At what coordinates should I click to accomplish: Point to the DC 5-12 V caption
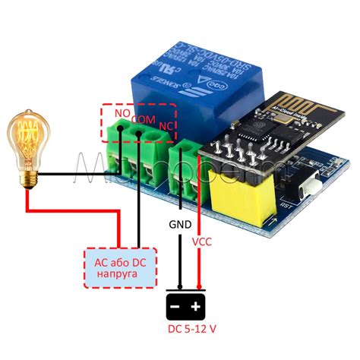pyautogui.click(x=187, y=333)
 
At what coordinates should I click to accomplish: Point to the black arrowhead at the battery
pyautogui.click(x=177, y=290)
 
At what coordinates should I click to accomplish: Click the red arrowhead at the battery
pyautogui.click(x=198, y=290)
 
